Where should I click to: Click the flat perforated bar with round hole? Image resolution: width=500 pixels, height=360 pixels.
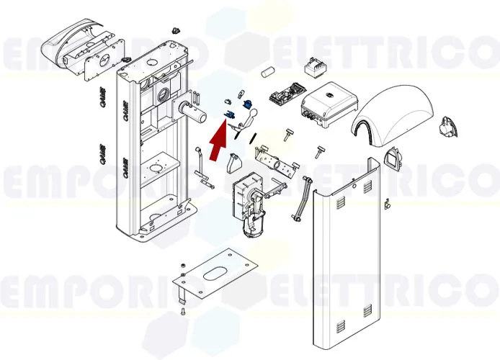tap(277, 162)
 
